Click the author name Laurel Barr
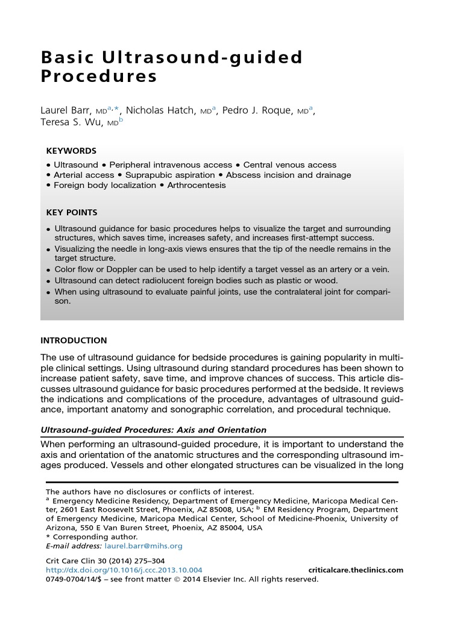coord(66,110)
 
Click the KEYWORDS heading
coord(71,151)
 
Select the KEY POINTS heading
coord(72,212)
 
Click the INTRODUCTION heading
coord(74,340)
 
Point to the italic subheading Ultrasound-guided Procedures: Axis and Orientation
coord(153,430)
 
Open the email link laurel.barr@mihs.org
coord(143,546)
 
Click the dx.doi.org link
coord(124,570)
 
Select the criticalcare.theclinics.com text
coord(356,570)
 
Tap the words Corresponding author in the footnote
coord(95,537)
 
